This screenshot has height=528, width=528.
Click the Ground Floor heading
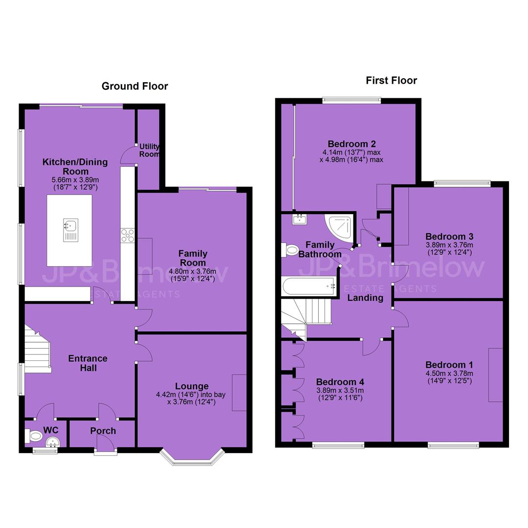pos(135,86)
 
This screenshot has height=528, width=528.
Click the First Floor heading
pos(391,81)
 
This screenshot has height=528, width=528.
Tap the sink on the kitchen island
pos(71,230)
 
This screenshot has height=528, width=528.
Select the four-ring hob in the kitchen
pos(128,235)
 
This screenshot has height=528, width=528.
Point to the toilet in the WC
pos(33,437)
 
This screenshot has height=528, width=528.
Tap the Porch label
pos(103,431)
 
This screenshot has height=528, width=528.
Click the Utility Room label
pos(150,150)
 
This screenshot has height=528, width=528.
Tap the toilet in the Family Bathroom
pos(289,250)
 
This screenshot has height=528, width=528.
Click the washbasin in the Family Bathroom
pos(299,219)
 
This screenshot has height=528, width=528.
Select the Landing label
pos(365,298)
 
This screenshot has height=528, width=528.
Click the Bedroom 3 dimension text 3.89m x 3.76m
pos(450,245)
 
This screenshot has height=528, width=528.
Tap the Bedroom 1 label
pos(449,365)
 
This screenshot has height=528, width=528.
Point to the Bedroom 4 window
pos(338,446)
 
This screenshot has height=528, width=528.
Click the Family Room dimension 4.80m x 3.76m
pos(193,271)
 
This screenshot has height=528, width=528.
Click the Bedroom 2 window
pos(352,100)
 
